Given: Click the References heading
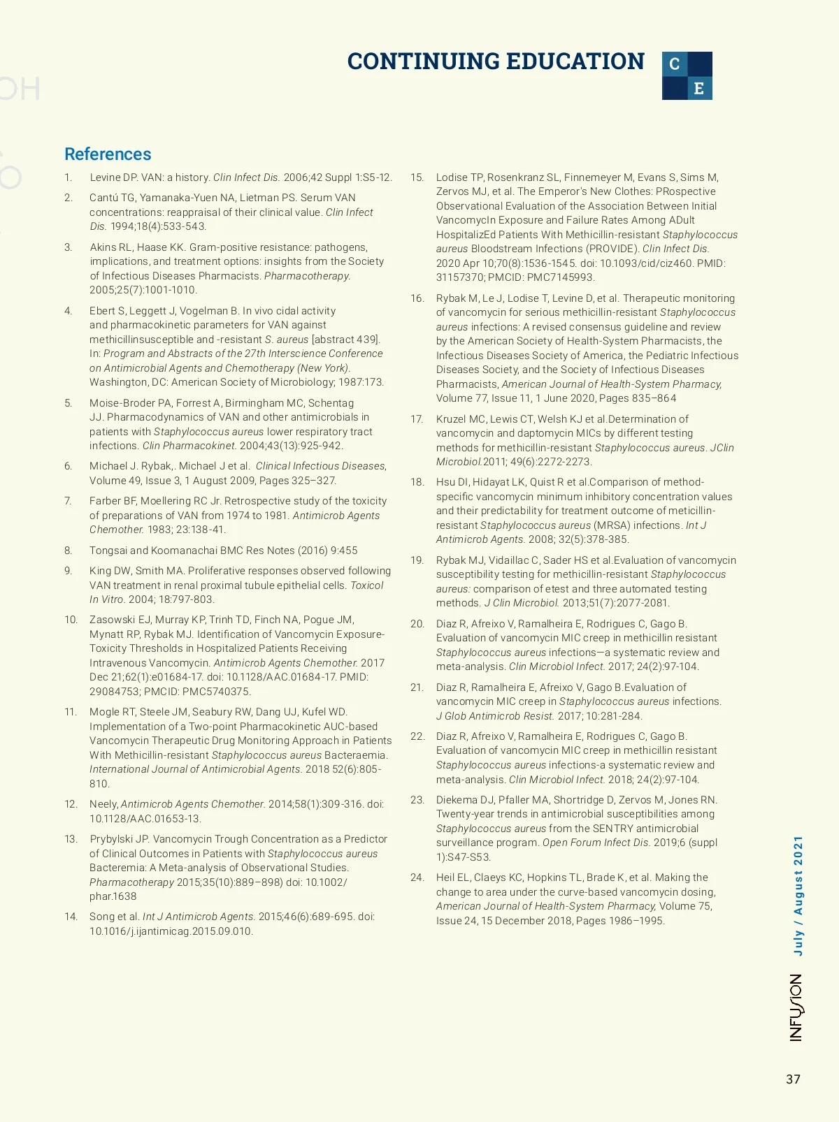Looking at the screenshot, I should pos(108,154).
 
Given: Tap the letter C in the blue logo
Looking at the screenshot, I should pos(675,64).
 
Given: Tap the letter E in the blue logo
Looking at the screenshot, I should pos(699,89).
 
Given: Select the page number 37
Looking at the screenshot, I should pos(793,1079).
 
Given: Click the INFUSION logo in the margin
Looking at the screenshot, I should pos(796,1007).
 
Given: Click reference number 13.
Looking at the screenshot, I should pos(71,839).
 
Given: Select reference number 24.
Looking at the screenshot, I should pos(417,877).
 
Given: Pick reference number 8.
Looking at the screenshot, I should pos(68,551).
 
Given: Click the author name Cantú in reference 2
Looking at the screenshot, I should pos(104,198).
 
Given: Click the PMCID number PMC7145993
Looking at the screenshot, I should pos(559,277).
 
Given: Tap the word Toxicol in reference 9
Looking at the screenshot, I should pos(366,585).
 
